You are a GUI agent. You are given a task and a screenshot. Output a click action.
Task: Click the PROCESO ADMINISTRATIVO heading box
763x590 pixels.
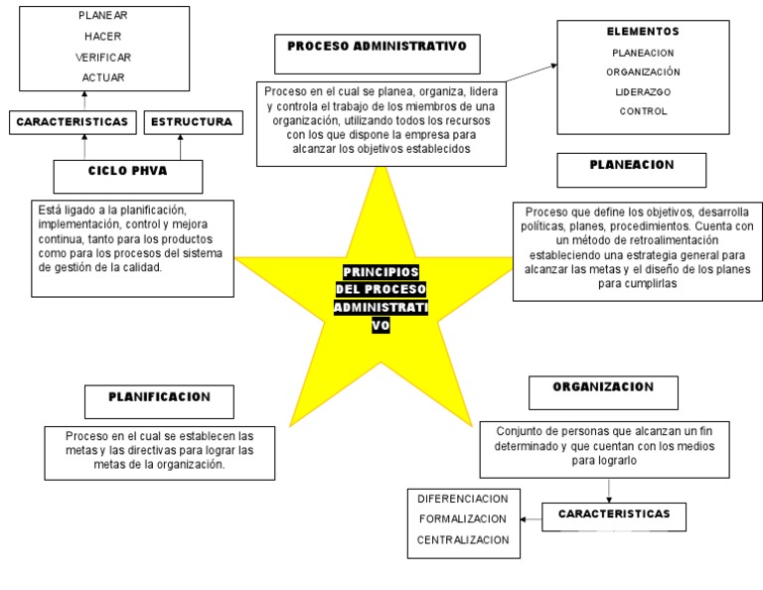pyautogui.click(x=377, y=48)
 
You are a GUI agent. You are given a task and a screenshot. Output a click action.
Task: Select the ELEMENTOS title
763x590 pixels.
pyautogui.click(x=643, y=32)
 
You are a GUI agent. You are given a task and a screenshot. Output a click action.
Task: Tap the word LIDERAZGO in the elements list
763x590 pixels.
pyautogui.click(x=643, y=91)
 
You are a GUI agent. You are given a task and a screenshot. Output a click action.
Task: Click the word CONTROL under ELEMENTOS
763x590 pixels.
pyautogui.click(x=643, y=111)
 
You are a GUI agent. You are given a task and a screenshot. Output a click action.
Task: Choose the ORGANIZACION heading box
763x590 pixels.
pyautogui.click(x=603, y=388)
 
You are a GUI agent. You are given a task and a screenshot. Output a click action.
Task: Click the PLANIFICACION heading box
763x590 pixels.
pyautogui.click(x=159, y=398)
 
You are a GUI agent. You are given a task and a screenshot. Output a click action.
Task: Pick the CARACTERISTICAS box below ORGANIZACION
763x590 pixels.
pyautogui.click(x=614, y=516)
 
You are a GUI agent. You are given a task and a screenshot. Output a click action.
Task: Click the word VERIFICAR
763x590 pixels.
pyautogui.click(x=103, y=57)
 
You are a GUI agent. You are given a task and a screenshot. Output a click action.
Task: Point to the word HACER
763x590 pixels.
pyautogui.click(x=103, y=36)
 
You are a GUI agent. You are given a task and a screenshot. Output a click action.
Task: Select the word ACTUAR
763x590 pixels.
pyautogui.click(x=103, y=76)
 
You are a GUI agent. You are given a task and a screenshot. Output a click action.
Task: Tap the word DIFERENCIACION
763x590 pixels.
pyautogui.click(x=463, y=499)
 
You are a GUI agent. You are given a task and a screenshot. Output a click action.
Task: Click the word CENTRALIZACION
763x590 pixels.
pyautogui.click(x=463, y=539)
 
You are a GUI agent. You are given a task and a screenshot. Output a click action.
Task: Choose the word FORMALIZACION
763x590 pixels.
pyautogui.click(x=463, y=518)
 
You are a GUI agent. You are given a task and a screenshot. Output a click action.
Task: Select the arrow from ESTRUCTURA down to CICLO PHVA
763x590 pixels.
pyautogui.click(x=181, y=147)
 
